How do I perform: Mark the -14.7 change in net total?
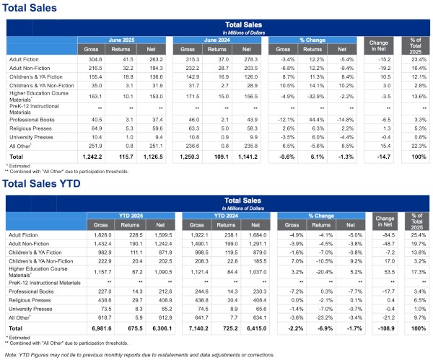380,156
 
